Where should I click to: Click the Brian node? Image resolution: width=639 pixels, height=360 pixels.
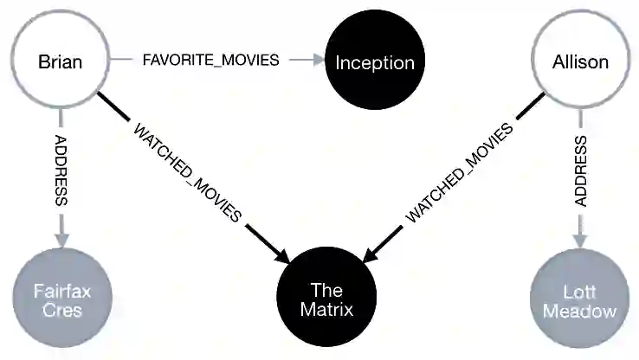(60, 61)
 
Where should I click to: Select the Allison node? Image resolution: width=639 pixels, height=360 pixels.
(580, 61)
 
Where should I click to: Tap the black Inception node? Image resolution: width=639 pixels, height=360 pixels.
(375, 61)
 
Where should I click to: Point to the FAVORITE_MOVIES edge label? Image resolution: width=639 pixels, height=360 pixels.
(210, 61)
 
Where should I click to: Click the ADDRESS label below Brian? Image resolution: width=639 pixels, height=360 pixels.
(61, 169)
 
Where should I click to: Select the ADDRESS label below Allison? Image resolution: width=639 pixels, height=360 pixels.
(581, 170)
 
